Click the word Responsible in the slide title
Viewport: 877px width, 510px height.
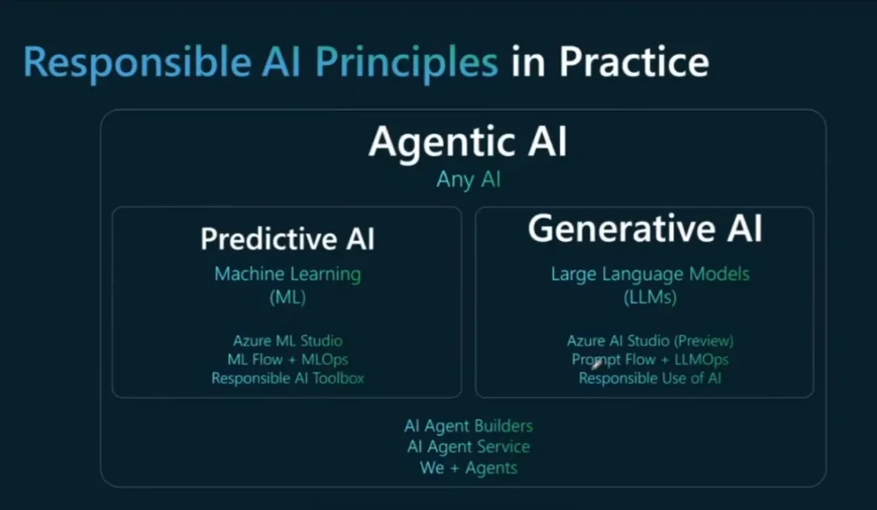click(x=137, y=63)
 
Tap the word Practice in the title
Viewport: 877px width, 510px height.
click(x=635, y=61)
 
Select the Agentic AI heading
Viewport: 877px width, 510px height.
click(x=468, y=141)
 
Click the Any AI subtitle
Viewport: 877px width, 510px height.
click(x=468, y=180)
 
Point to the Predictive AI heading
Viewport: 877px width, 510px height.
click(x=288, y=239)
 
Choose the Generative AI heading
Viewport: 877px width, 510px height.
click(x=645, y=228)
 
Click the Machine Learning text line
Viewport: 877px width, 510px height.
click(x=288, y=274)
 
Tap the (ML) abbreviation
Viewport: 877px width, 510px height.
click(x=288, y=297)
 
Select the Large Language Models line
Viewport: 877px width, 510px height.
click(x=650, y=274)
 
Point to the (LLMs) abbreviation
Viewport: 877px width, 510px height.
click(x=650, y=297)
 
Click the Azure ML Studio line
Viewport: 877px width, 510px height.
click(x=288, y=341)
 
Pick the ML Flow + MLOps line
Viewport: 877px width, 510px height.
click(x=288, y=359)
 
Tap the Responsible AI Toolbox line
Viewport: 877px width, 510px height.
click(x=288, y=379)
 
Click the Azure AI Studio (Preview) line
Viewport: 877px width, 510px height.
click(x=650, y=341)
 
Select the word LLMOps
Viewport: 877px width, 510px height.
click(x=701, y=359)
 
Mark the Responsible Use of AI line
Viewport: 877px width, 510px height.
click(x=650, y=379)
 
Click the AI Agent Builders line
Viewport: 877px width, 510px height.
click(x=468, y=427)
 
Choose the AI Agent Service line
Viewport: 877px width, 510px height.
click(x=468, y=447)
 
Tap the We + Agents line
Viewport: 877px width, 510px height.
click(x=468, y=468)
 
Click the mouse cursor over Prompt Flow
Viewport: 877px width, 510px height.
click(x=597, y=364)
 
